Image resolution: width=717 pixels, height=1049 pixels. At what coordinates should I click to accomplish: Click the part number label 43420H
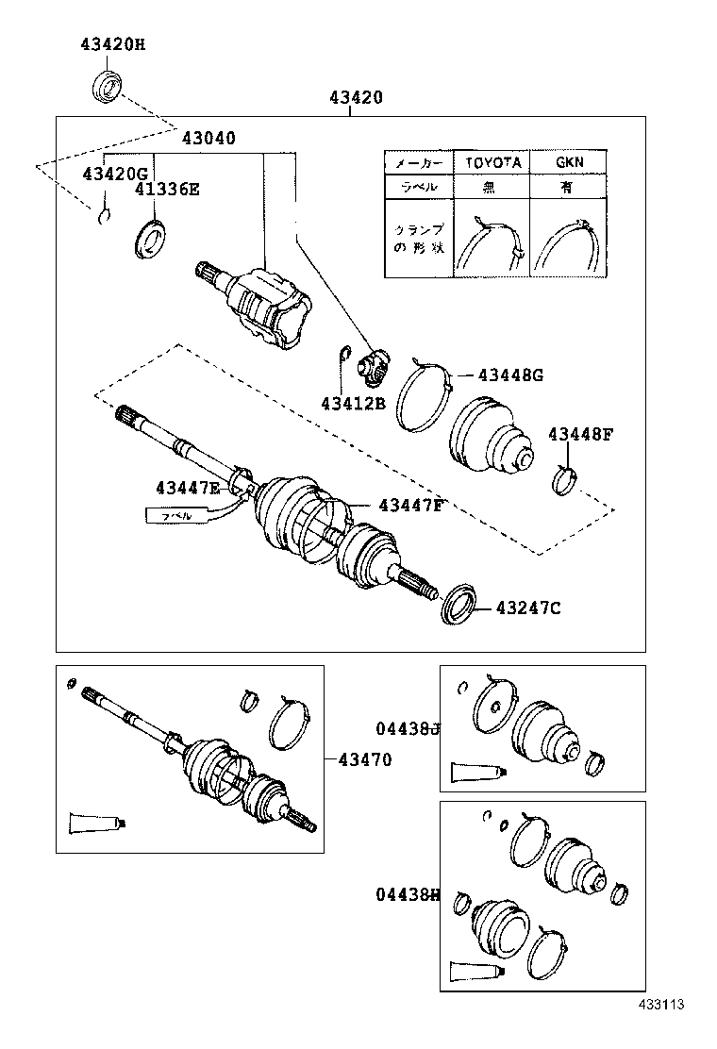111,44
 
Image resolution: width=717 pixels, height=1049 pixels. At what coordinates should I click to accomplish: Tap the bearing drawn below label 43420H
108,85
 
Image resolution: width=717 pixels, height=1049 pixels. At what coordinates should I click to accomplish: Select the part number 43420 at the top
356,97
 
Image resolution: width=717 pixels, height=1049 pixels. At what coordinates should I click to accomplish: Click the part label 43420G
115,174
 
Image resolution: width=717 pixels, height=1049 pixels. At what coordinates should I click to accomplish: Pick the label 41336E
166,189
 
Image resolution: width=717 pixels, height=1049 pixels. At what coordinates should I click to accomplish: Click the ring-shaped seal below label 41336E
149,237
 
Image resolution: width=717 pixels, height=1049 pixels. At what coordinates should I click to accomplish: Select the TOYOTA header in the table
492,162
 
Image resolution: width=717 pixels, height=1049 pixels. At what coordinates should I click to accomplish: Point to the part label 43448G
510,375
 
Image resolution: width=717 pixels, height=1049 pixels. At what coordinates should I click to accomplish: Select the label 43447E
188,487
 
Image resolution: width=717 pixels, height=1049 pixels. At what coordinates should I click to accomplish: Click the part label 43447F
410,506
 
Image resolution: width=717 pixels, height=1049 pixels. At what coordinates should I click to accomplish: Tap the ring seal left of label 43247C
459,604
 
